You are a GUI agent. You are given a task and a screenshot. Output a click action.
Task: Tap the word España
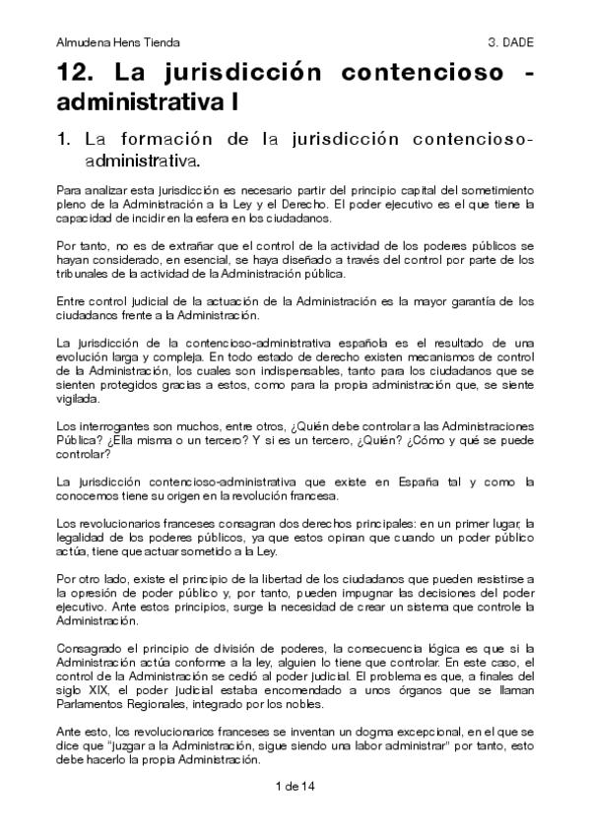tap(430, 482)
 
